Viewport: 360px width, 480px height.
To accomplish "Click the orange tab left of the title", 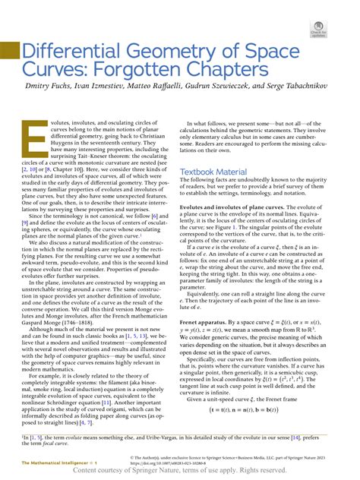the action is pos(8,52).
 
